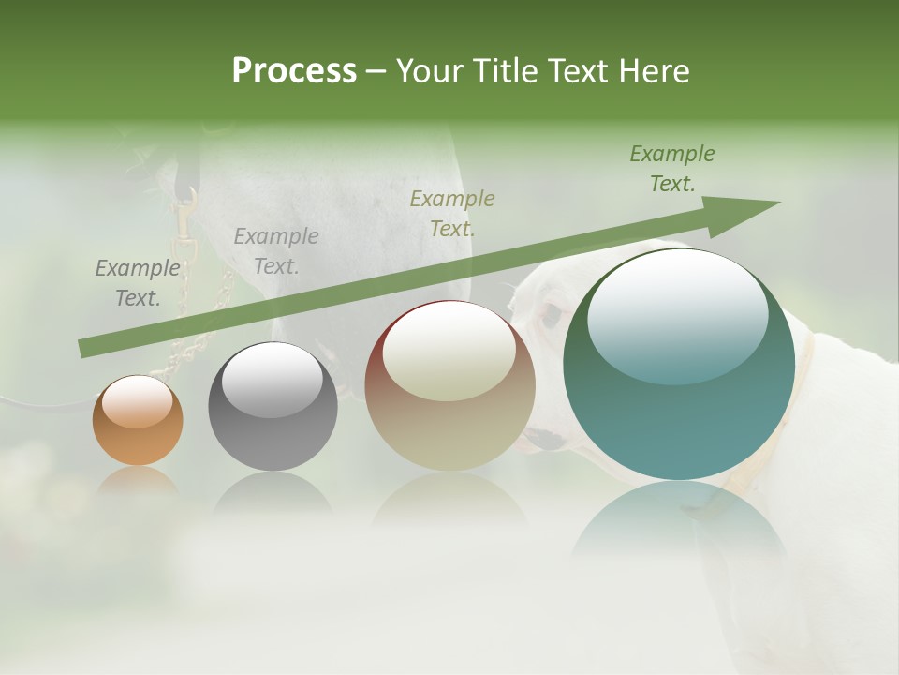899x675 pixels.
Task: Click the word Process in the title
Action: [294, 71]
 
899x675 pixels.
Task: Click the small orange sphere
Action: [138, 421]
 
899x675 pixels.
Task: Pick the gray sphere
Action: [273, 407]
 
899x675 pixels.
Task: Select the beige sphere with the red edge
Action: [449, 385]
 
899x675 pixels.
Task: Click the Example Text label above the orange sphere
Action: [137, 283]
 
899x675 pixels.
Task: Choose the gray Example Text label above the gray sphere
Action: [276, 251]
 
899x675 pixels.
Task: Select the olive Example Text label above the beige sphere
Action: [452, 213]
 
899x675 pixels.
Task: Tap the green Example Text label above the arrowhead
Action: [672, 169]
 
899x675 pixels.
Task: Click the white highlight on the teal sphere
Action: [677, 315]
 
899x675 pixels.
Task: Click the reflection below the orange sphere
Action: [138, 483]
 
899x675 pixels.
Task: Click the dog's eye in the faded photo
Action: [552, 314]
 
